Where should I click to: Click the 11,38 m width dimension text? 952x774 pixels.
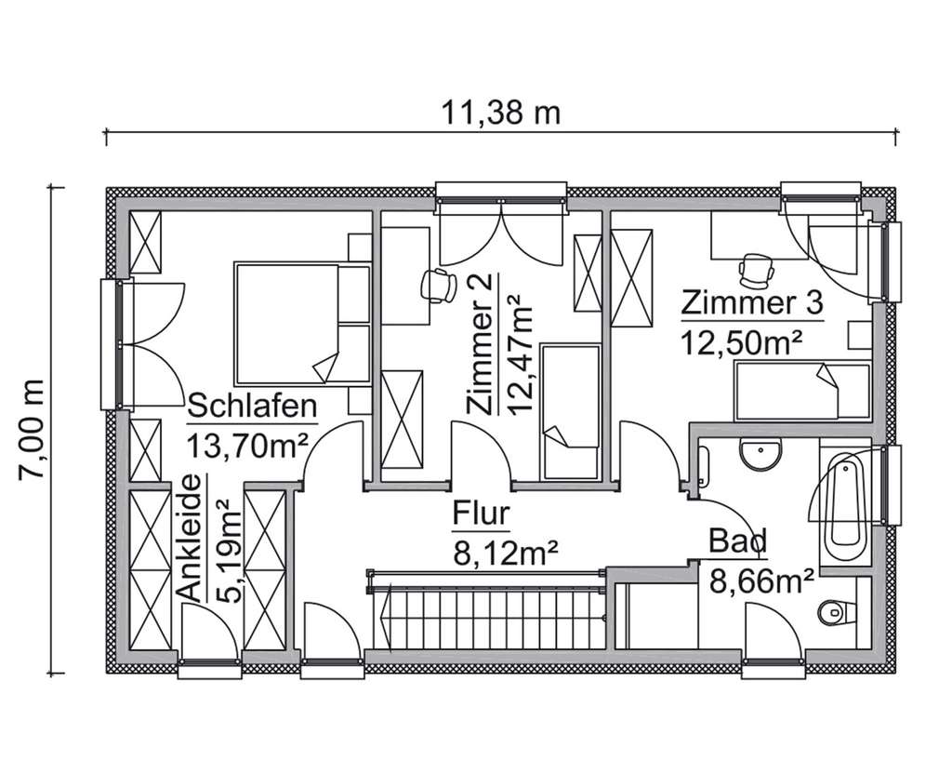click(x=500, y=114)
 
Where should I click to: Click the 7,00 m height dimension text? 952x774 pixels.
click(x=33, y=429)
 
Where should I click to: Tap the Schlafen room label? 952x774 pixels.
click(x=253, y=407)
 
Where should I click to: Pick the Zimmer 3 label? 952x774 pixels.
click(x=752, y=303)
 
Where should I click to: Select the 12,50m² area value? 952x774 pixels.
click(x=741, y=340)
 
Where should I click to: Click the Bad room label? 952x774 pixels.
click(x=737, y=540)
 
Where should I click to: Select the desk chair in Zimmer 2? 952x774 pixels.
click(x=436, y=285)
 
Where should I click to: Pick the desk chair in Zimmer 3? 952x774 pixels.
click(x=756, y=268)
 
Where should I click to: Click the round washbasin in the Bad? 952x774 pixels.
click(x=760, y=456)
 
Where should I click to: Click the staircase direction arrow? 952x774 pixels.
click(x=383, y=615)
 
